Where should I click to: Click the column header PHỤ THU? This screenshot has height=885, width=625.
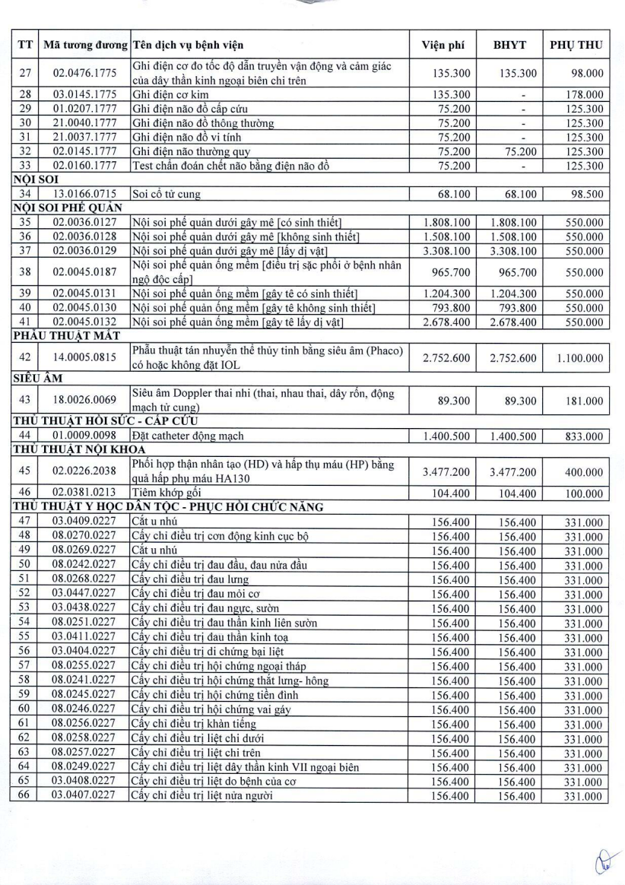coord(576,45)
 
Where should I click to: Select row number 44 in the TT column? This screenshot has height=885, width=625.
coord(24,436)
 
